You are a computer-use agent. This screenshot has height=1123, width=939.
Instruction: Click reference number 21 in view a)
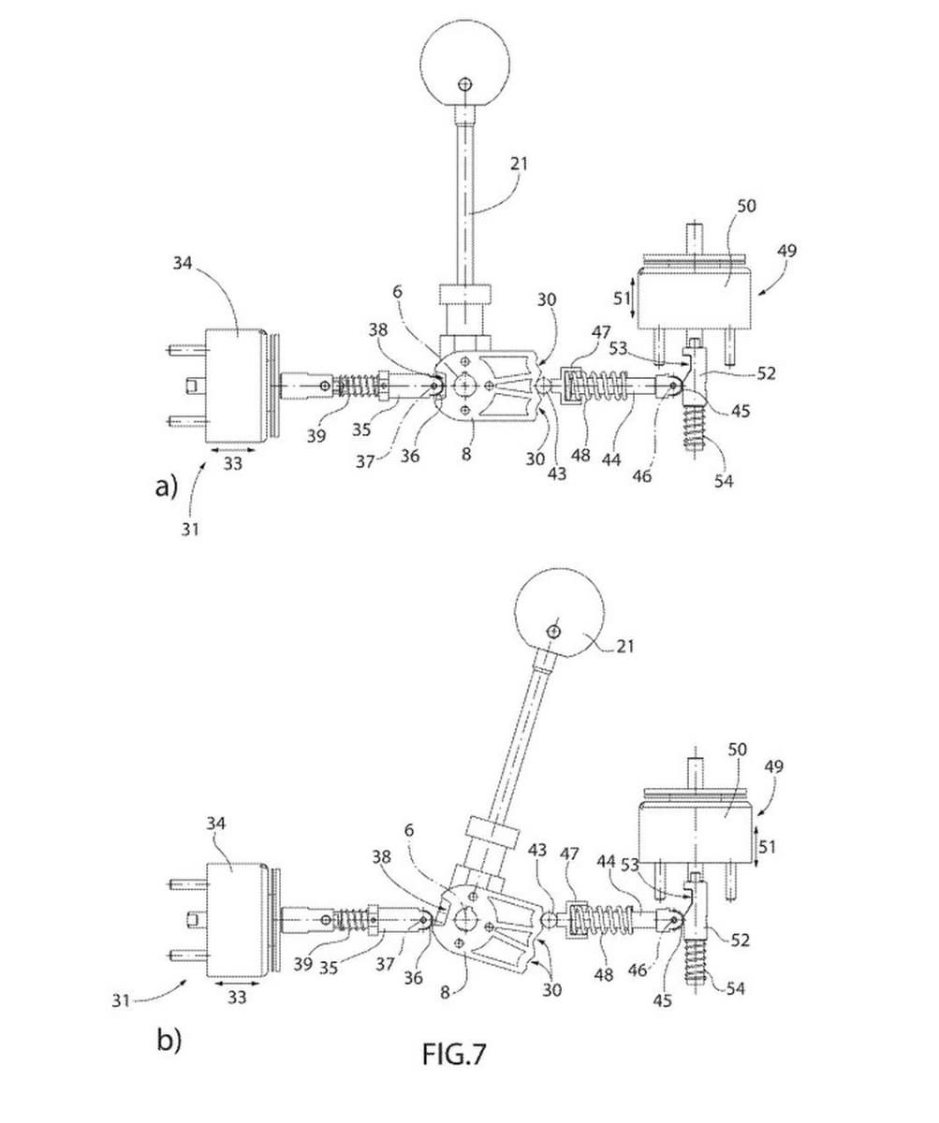(x=519, y=163)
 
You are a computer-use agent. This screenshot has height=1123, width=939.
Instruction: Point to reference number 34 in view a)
(x=183, y=264)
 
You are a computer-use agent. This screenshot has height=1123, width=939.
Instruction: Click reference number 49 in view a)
(x=786, y=251)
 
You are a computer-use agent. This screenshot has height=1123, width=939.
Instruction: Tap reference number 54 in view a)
(x=724, y=480)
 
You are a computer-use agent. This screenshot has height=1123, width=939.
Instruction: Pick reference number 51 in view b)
(x=767, y=847)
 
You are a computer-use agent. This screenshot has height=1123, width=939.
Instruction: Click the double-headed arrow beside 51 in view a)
(x=633, y=296)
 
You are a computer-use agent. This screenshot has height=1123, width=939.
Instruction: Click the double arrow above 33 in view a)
(x=232, y=449)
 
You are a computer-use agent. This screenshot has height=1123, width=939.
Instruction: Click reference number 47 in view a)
(x=600, y=332)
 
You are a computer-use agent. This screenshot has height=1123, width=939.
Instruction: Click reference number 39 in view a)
(x=316, y=435)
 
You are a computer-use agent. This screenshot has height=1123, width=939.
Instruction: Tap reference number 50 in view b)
(x=737, y=749)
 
